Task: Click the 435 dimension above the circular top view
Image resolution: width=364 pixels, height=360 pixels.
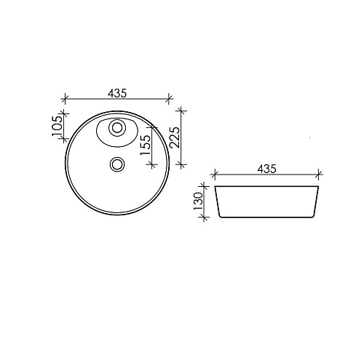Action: (117, 93)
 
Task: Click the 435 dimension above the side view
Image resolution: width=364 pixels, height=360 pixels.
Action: (266, 169)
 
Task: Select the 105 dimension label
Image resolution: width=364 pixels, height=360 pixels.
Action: (57, 126)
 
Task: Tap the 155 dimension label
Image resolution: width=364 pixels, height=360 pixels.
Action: (146, 145)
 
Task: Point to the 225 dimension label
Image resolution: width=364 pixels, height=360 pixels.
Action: (175, 137)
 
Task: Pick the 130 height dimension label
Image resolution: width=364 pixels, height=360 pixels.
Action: (198, 201)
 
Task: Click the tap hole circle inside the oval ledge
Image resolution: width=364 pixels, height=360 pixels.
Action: (117, 127)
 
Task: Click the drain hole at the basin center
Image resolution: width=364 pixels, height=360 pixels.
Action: (117, 164)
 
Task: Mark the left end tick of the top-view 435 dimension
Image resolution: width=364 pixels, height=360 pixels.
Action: (65, 99)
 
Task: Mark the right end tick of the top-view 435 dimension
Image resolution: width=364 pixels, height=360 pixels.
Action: (169, 99)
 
